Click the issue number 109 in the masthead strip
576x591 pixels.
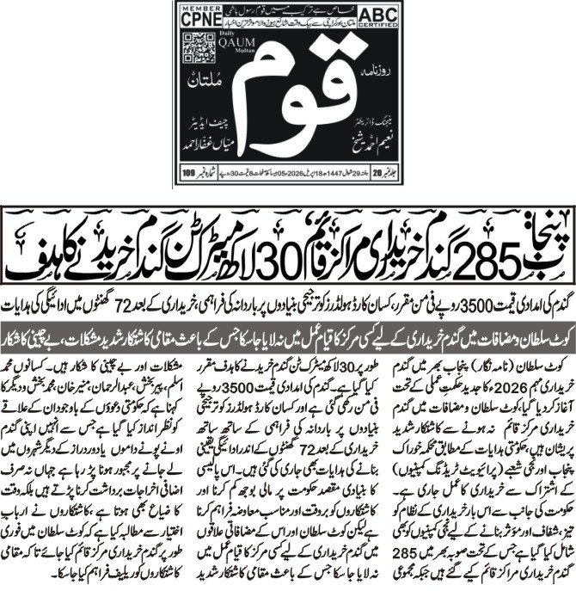[x=188, y=175]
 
